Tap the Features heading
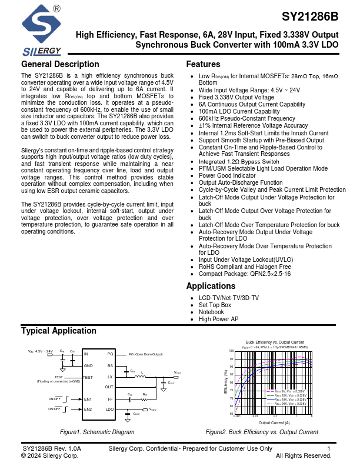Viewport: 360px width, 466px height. tap(203, 64)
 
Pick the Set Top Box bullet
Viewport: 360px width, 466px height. tap(215, 305)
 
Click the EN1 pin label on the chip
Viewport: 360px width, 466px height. tap(88, 399)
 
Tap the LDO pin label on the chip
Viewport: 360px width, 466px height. tap(109, 408)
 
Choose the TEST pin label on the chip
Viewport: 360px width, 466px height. tap(88, 377)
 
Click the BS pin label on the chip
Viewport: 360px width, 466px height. tap(110, 365)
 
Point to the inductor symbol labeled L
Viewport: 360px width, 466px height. tap(142, 375)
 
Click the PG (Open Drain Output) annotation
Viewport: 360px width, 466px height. tap(146, 354)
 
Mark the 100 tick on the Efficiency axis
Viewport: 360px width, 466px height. tap(231, 351)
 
